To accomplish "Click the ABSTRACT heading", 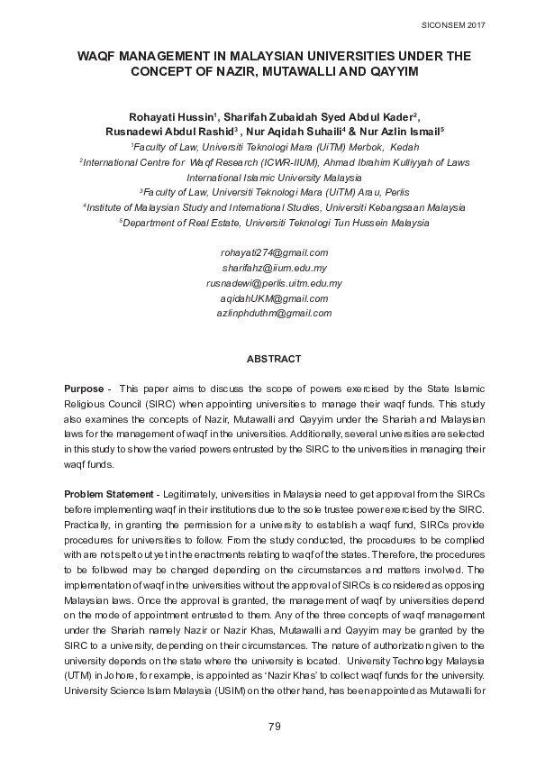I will click(274, 359).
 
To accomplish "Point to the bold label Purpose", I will click(84, 389).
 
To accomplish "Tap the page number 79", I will click(274, 727).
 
